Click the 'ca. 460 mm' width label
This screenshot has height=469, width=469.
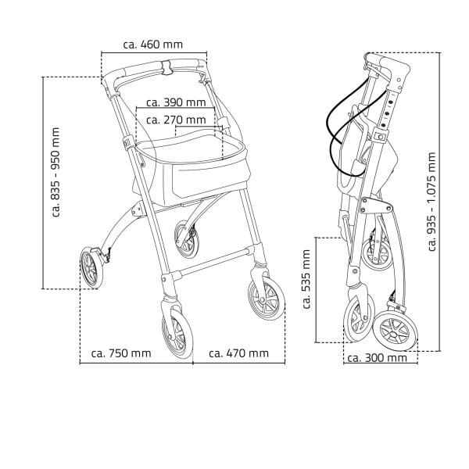(x=155, y=44)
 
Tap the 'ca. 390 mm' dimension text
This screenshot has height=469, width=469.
(x=176, y=102)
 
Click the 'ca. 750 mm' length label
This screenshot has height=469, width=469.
(x=121, y=353)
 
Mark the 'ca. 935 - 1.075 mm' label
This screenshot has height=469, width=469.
(x=432, y=202)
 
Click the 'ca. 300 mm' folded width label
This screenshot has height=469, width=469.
(x=377, y=358)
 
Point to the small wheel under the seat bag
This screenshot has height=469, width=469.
(x=187, y=239)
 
